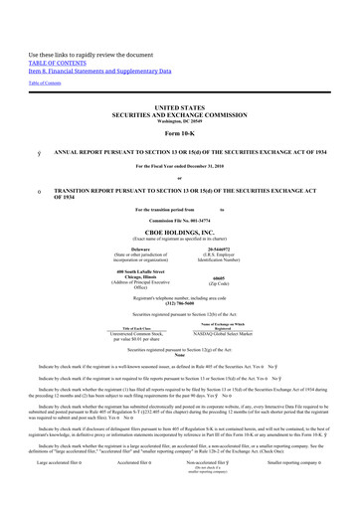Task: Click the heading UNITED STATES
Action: pyautogui.click(x=179, y=103)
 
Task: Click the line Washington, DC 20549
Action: pyautogui.click(x=179, y=119)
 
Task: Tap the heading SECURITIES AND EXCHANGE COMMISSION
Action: pyautogui.click(x=179, y=111)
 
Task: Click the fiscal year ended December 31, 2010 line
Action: pyautogui.click(x=179, y=165)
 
